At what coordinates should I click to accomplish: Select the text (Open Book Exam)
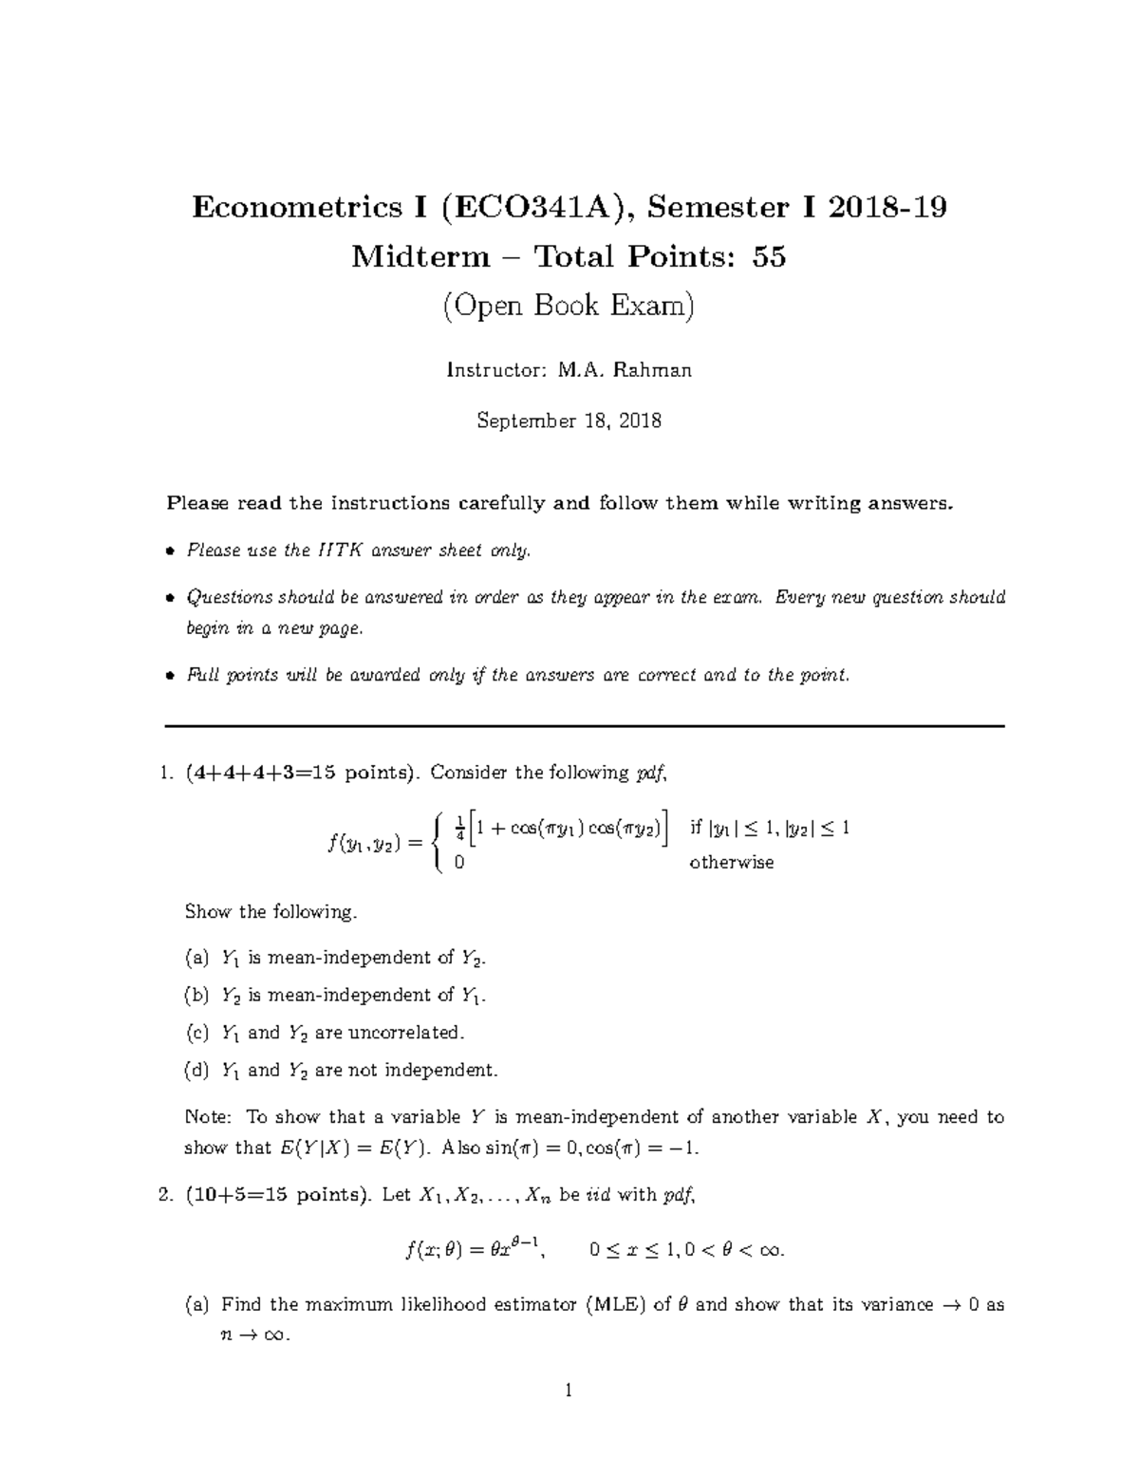pos(569,306)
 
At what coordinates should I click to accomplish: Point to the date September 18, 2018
pos(569,420)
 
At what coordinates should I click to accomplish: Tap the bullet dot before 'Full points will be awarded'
pos(170,677)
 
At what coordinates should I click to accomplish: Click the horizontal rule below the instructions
pos(584,726)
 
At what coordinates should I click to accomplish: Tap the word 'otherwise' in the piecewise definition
pos(731,863)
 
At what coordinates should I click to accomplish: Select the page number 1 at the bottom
pos(569,1392)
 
